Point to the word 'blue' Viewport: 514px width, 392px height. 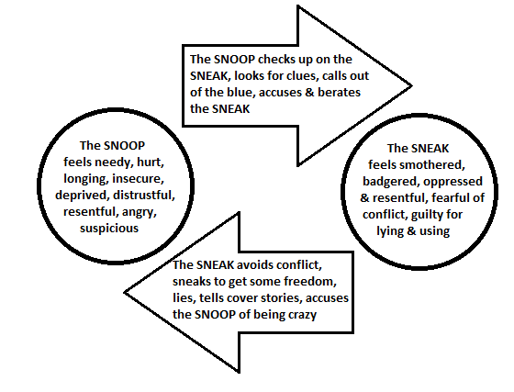point(240,92)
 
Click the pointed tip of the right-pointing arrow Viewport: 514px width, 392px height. point(411,86)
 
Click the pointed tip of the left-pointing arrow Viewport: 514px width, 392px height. point(125,292)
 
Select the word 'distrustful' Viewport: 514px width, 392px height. point(143,195)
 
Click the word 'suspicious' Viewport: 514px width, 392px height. point(109,228)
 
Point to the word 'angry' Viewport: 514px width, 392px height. point(139,212)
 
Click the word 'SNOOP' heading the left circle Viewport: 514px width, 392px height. point(124,146)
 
